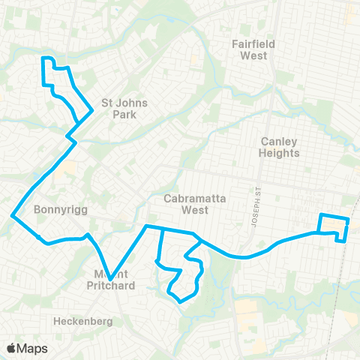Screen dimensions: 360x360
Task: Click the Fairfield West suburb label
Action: (253, 50)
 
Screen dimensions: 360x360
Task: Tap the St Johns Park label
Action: (124, 109)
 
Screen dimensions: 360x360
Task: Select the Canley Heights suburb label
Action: (280, 147)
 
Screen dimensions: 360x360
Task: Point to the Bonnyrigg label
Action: (62, 211)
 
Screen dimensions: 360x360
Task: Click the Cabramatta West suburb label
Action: (185, 204)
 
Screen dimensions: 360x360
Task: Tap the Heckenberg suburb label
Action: (82, 321)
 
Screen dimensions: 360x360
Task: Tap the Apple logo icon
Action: (11, 348)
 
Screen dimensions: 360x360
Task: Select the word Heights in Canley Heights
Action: (280, 153)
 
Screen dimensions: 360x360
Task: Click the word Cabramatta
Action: (185, 198)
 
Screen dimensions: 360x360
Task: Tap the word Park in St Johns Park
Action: (124, 115)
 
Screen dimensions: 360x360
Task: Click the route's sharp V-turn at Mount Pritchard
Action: (110, 279)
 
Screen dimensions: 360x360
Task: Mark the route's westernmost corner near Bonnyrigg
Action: (12, 217)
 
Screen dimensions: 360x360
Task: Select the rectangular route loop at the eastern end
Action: (334, 226)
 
